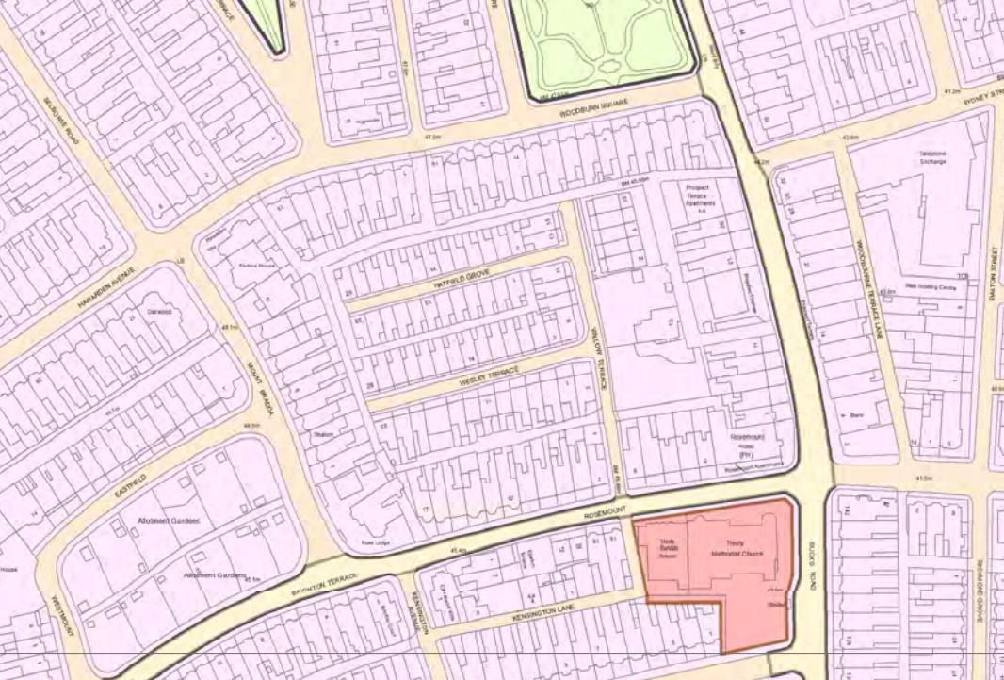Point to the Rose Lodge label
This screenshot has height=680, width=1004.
pyautogui.click(x=375, y=543)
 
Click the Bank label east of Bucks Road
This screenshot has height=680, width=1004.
pyautogui.click(x=857, y=414)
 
